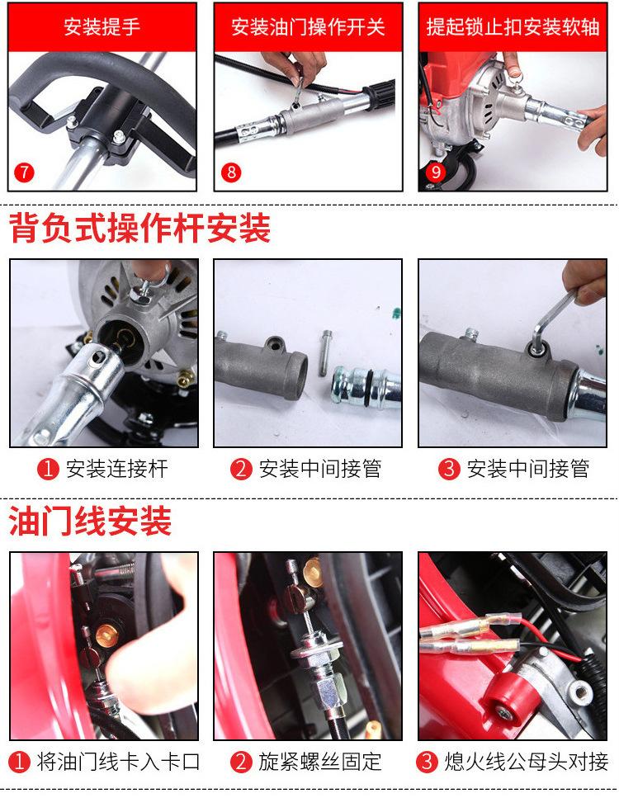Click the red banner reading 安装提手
point(102,27)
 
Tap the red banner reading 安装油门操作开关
point(308,27)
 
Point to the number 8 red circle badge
point(231,172)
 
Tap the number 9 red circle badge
point(435,172)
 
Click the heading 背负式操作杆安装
point(140,229)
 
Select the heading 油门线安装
point(91,522)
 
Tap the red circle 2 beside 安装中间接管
point(240,470)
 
